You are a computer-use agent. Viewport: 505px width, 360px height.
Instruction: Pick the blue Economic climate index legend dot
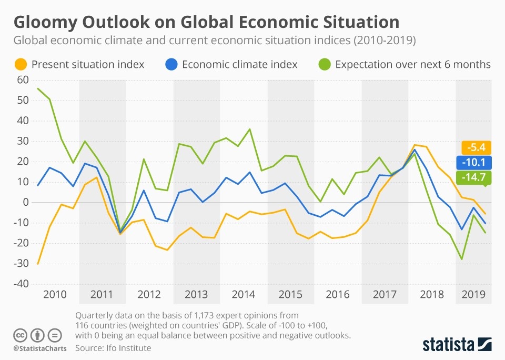(171, 65)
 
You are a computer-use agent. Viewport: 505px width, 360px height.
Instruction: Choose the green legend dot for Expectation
(324, 65)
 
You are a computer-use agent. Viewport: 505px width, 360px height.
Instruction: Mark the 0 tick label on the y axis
(23, 202)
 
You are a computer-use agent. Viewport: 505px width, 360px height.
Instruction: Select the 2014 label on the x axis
(244, 294)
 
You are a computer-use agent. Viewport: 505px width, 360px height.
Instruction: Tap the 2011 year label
(102, 294)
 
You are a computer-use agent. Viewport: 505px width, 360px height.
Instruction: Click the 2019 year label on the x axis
(474, 294)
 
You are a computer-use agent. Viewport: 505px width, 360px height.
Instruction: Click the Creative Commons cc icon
(20, 335)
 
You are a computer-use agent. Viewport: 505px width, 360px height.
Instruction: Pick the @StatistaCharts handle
(38, 348)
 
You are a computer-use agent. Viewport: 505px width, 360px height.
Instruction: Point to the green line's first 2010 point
(38, 88)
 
